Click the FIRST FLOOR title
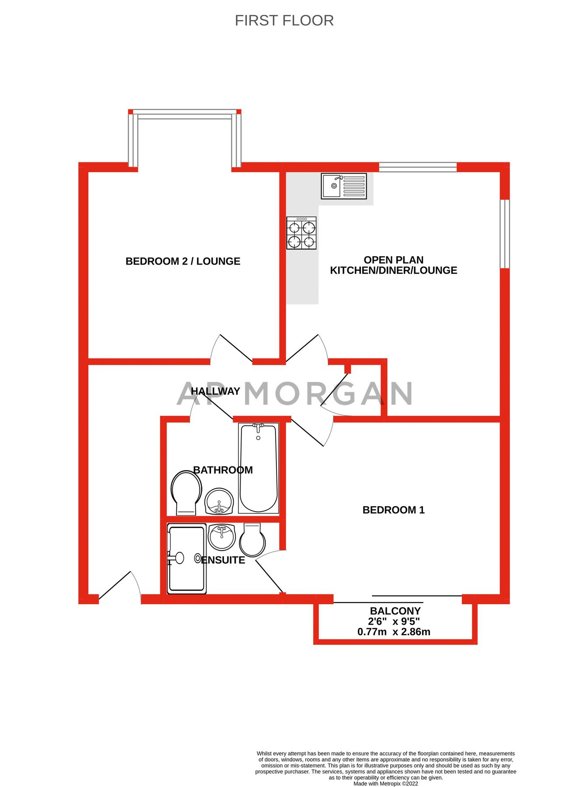(284, 21)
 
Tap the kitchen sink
(344, 186)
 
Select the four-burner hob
(301, 233)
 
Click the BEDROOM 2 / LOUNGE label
(183, 261)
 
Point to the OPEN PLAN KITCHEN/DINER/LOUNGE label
(393, 265)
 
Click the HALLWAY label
(215, 391)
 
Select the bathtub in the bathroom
(259, 468)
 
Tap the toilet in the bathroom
(186, 492)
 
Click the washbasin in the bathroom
(219, 501)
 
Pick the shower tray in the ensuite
(187, 559)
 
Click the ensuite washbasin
(222, 536)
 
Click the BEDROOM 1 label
(393, 510)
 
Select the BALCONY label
(395, 611)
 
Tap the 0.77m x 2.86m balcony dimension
(394, 632)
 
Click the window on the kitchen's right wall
(505, 233)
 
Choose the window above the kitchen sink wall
(417, 167)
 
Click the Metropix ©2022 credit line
(385, 784)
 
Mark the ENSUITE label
(223, 560)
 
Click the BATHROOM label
(223, 470)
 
